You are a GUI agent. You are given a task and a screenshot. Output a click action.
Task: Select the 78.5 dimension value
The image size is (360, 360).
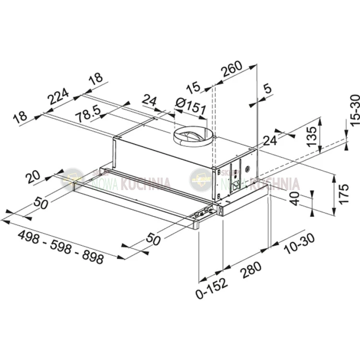pos(89,115)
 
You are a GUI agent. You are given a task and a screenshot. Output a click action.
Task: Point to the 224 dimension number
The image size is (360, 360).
pos(58,96)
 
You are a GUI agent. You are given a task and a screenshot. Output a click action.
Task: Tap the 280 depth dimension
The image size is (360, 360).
pos(251,270)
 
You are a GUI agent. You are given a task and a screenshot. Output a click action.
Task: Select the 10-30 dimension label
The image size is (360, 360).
pos(299,243)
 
